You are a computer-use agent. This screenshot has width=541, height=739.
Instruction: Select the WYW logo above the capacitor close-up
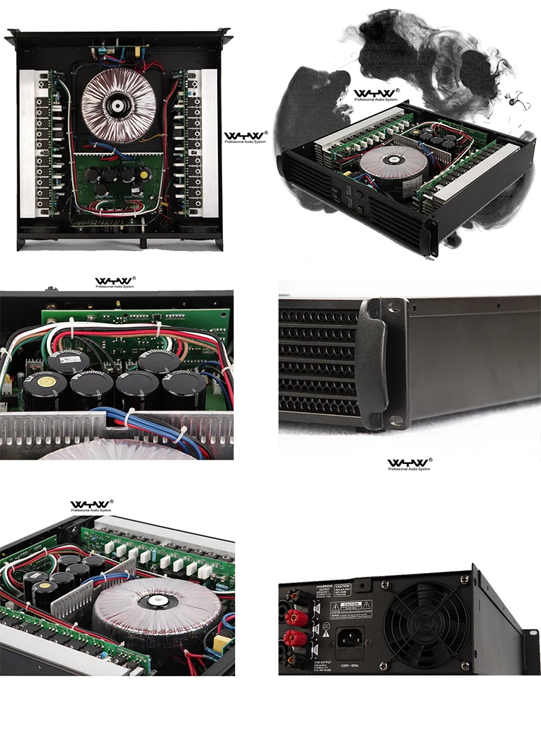(115, 281)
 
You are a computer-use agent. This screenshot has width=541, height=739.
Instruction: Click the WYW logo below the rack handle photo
(408, 464)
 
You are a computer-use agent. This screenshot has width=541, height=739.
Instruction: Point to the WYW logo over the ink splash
(375, 94)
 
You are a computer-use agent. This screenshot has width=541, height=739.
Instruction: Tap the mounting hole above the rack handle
(392, 308)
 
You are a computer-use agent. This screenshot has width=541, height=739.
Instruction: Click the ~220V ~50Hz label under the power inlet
(351, 662)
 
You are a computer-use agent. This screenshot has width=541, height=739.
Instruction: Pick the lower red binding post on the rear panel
(294, 638)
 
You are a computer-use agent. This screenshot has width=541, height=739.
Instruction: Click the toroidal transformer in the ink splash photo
(390, 164)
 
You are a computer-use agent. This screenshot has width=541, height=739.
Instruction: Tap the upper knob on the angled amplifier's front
(359, 194)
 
